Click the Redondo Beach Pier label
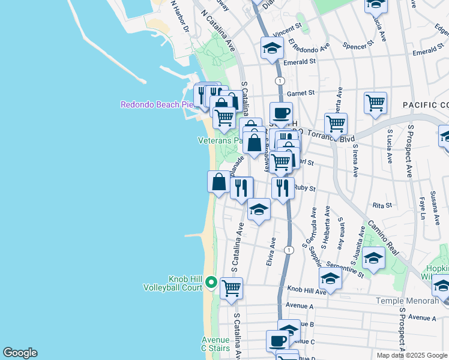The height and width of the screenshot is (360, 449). [x=156, y=104]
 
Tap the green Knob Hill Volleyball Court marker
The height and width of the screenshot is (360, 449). [x=211, y=281]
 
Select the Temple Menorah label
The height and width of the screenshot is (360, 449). [x=407, y=301]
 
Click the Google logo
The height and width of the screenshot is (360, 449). [x=20, y=353]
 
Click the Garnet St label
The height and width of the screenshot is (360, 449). [x=301, y=93]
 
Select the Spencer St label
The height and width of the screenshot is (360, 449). [x=358, y=43]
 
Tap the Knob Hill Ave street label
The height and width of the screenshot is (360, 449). [x=306, y=290]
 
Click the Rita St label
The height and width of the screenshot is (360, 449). [x=382, y=205]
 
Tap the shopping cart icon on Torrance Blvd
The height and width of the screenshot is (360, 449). [x=336, y=123]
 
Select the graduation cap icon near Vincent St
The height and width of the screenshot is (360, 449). [x=272, y=47]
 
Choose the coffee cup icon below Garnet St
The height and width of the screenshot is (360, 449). [x=281, y=112]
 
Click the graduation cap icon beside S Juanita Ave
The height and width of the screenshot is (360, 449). [x=373, y=257]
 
